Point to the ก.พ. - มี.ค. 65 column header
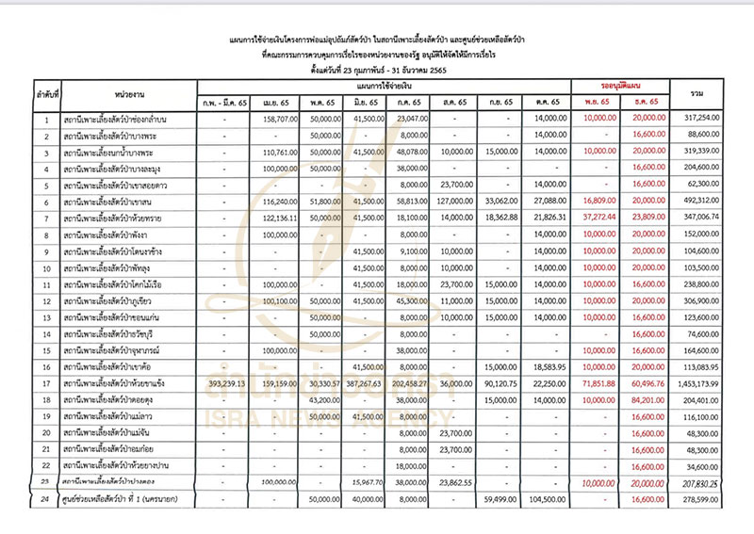[x=223, y=102]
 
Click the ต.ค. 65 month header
[x=546, y=102]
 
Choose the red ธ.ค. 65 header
[x=646, y=102]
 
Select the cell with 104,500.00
[x=546, y=499]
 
